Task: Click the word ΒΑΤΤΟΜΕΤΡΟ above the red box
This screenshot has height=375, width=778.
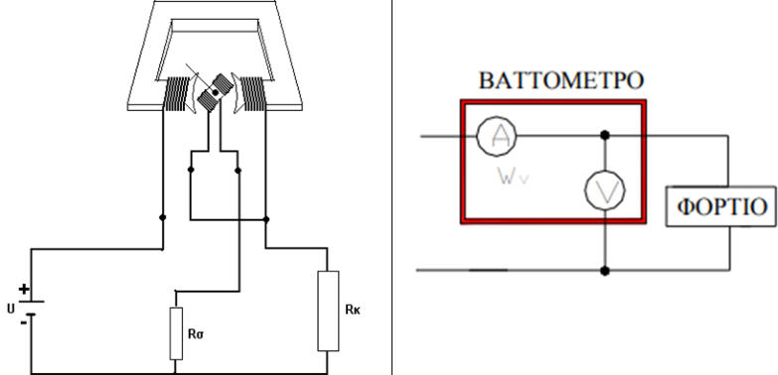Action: coord(561,80)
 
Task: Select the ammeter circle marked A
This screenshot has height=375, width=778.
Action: coord(496,135)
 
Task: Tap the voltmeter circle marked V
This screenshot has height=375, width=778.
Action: coord(604,190)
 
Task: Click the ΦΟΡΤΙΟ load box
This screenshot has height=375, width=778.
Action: coord(721,206)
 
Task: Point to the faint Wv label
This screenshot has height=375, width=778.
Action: coord(514,177)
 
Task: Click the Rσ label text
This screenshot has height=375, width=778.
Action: coord(196,334)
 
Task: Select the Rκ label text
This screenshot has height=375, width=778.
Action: coord(352,311)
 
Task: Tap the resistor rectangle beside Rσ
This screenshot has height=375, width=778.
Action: coord(176,333)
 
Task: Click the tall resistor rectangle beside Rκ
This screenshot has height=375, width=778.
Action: coord(328,312)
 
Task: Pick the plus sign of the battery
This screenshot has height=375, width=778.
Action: coord(23,290)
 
